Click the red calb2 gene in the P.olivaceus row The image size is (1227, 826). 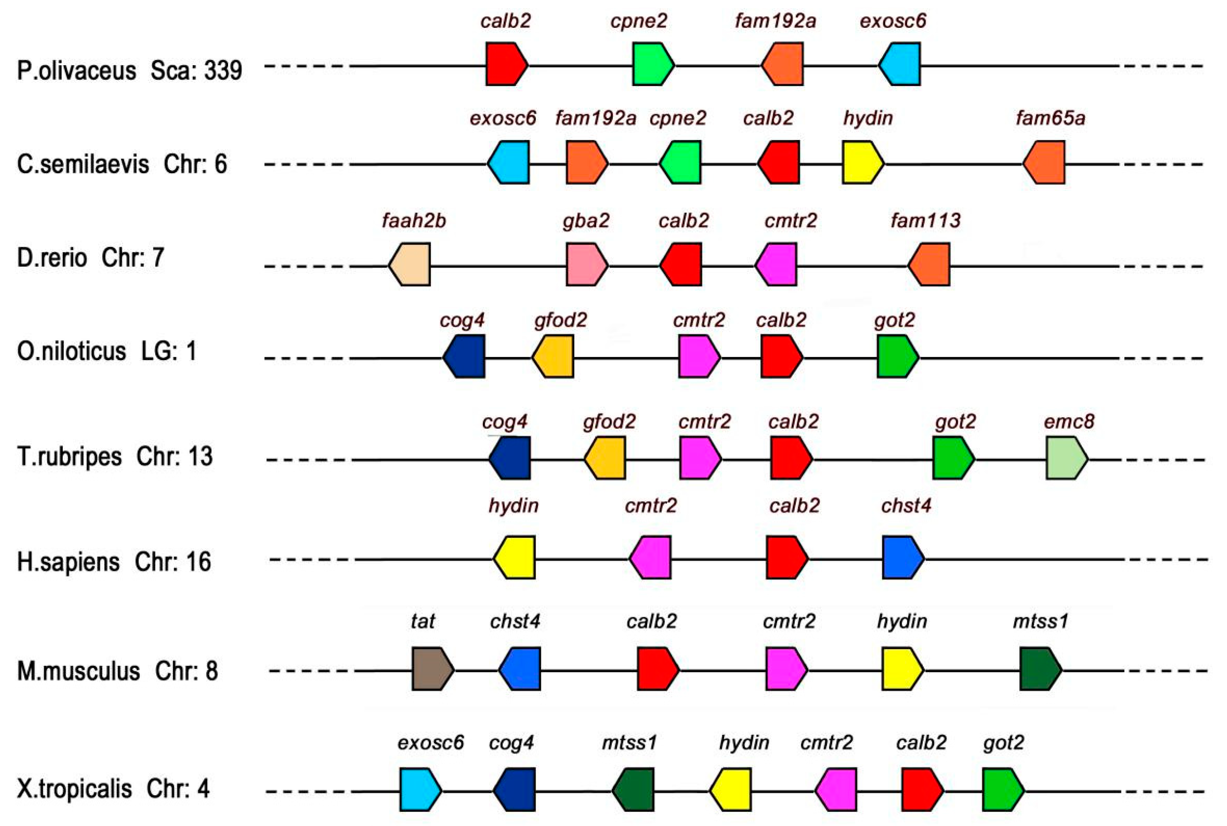click(x=506, y=64)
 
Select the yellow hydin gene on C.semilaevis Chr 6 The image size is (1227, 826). click(x=863, y=162)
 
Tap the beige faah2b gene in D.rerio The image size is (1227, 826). click(x=410, y=264)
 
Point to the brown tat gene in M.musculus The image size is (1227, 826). click(x=432, y=669)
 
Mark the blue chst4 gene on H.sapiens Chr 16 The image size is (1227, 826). click(x=903, y=557)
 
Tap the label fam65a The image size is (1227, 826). click(x=1050, y=118)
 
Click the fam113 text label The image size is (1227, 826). click(x=926, y=220)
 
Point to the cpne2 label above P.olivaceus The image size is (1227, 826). click(x=638, y=21)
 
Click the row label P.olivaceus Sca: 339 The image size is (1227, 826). click(x=129, y=70)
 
